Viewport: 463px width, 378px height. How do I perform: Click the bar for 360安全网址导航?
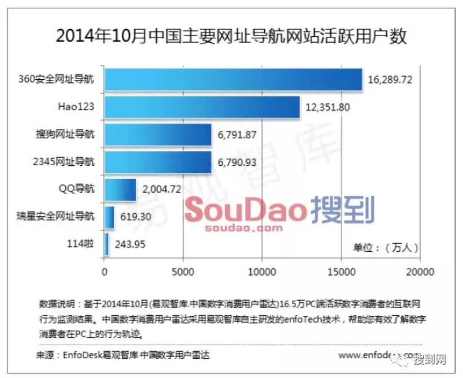click(233, 80)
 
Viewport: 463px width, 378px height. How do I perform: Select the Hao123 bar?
click(202, 107)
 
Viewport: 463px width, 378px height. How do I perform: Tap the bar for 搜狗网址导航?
click(158, 134)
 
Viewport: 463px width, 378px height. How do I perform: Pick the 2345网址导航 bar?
click(158, 162)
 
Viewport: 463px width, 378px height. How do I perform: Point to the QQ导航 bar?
click(120, 190)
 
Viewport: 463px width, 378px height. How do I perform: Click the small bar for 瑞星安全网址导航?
click(109, 217)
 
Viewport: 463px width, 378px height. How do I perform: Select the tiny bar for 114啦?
click(107, 244)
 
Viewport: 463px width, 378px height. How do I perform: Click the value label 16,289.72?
click(390, 80)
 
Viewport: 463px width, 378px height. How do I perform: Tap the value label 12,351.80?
click(327, 107)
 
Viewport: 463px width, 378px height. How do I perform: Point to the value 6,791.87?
click(237, 135)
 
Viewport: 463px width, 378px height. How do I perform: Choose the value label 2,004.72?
click(162, 189)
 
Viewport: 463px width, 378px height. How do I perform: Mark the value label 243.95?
click(130, 244)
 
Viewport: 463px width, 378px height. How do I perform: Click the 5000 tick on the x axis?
click(183, 272)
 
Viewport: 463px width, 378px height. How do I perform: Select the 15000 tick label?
click(341, 272)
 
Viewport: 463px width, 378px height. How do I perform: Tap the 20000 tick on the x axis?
click(420, 272)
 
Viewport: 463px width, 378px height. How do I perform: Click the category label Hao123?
click(76, 106)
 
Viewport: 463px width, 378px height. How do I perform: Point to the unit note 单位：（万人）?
click(386, 247)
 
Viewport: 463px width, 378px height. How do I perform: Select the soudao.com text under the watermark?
click(244, 228)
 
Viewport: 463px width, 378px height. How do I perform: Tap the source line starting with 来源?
click(123, 355)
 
